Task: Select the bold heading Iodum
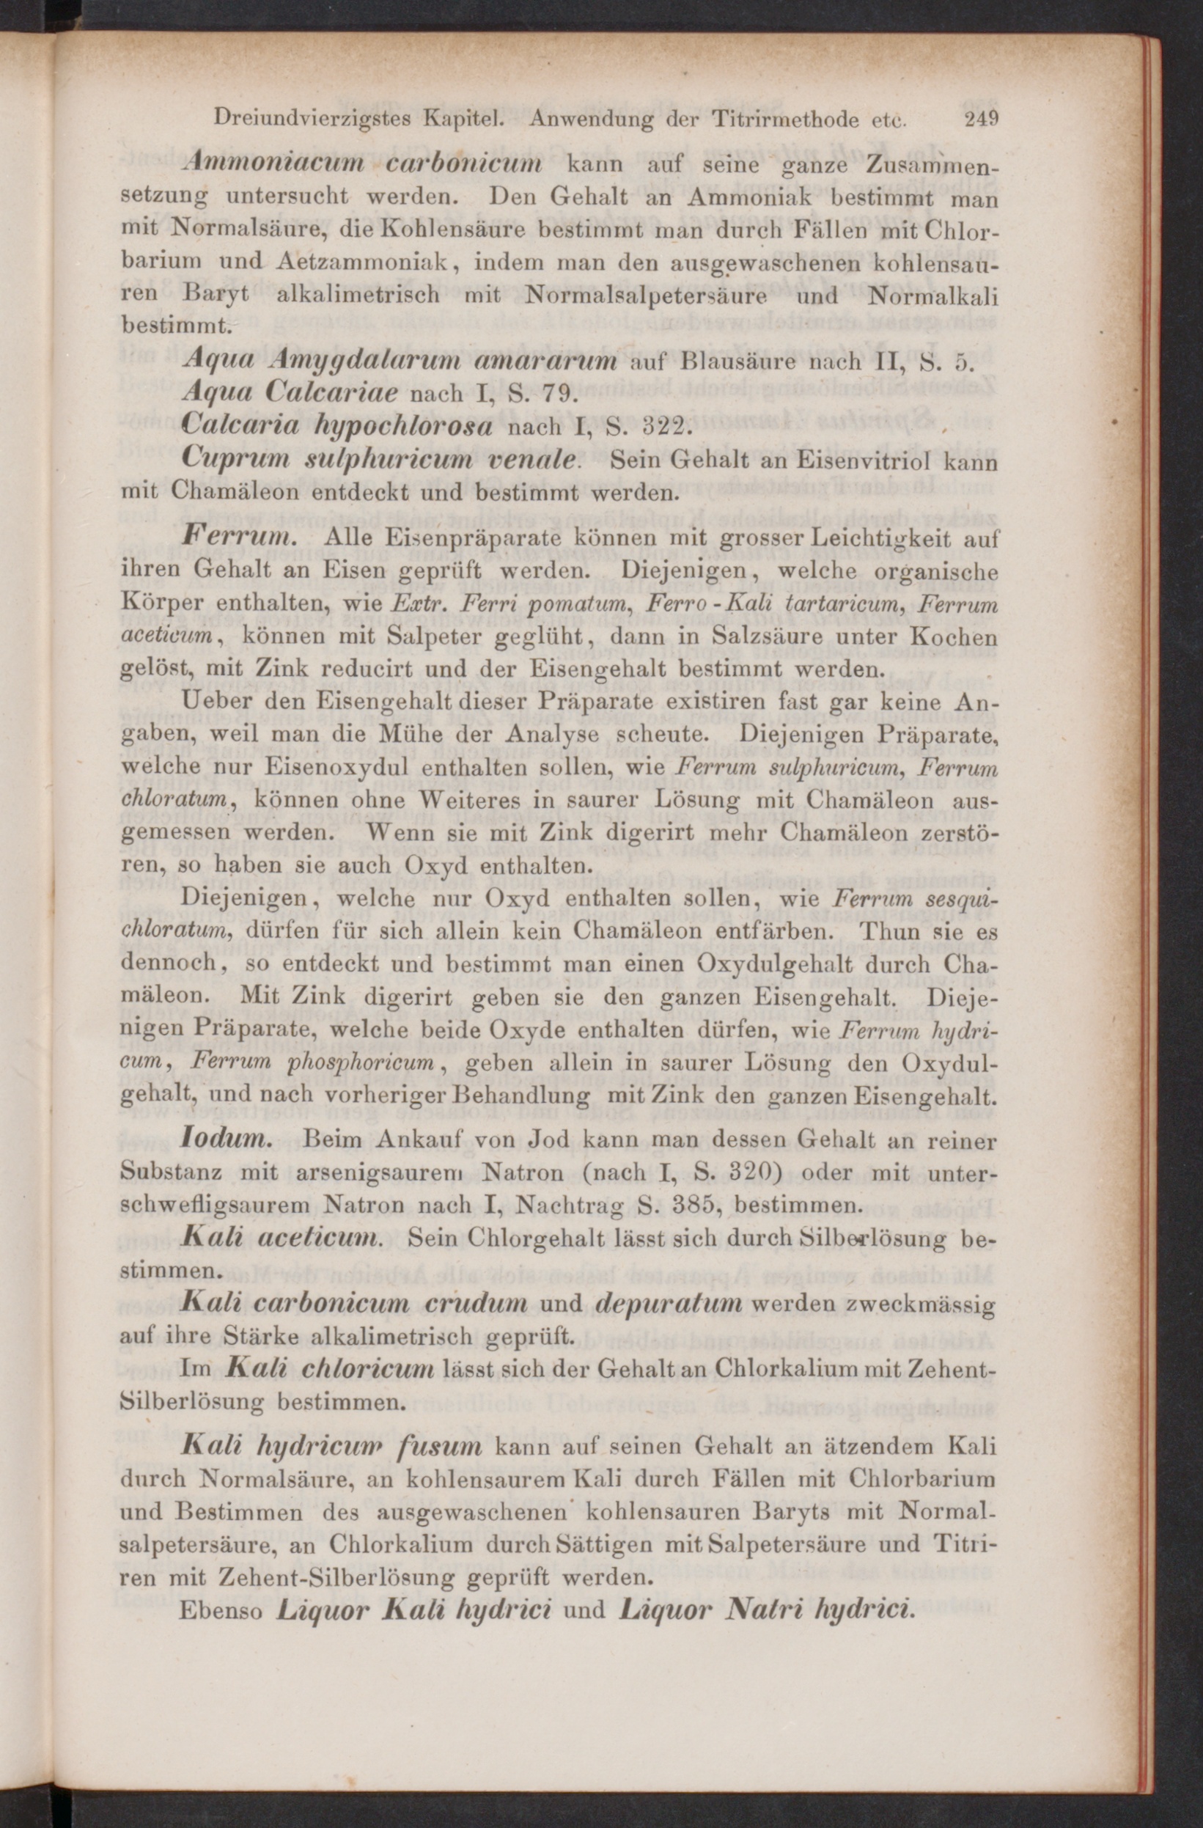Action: click(225, 1139)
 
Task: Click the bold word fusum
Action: click(440, 1446)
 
